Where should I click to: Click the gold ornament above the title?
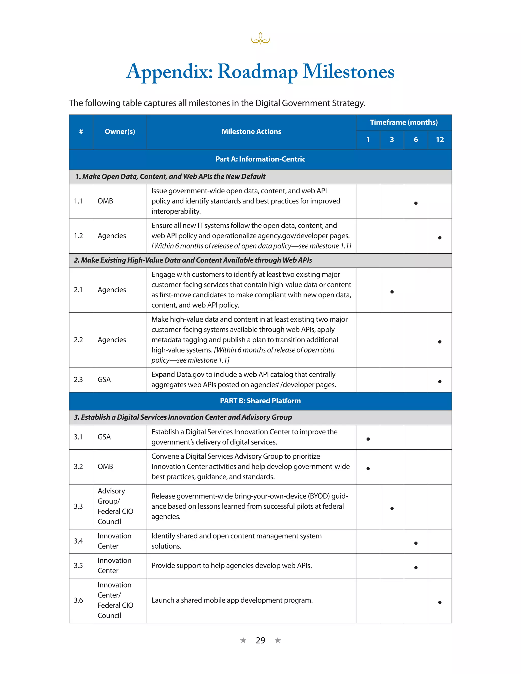pyautogui.click(x=260, y=39)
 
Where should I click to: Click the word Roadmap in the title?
pyautogui.click(x=257, y=72)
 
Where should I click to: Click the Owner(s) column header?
pyautogui.click(x=120, y=132)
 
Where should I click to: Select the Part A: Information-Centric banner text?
pyautogui.click(x=260, y=159)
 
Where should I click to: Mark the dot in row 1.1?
pyautogui.click(x=416, y=203)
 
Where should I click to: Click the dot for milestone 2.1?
pyautogui.click(x=392, y=292)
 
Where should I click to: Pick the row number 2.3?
pyautogui.click(x=78, y=379)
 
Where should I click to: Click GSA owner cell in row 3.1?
pyautogui.click(x=104, y=437)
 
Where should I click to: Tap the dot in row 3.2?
pyautogui.click(x=368, y=469)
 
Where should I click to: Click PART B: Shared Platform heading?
pyautogui.click(x=260, y=401)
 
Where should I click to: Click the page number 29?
pyautogui.click(x=260, y=640)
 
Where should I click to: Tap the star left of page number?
pyautogui.click(x=243, y=640)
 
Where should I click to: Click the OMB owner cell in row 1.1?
pyautogui.click(x=105, y=201)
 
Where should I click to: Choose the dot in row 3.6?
pyautogui.click(x=440, y=602)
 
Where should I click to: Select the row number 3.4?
pyautogui.click(x=78, y=541)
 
